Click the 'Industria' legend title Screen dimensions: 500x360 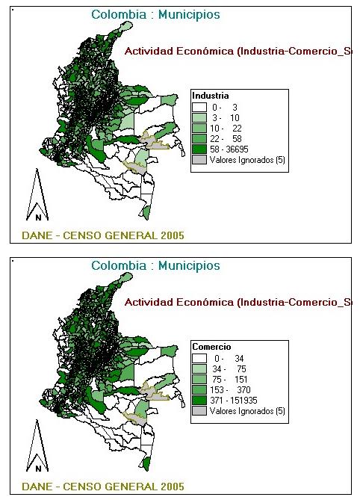point(205,96)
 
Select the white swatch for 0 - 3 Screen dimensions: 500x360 point(199,108)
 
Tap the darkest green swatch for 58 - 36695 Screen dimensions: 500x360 point(199,149)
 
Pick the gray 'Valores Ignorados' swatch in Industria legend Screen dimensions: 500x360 point(199,160)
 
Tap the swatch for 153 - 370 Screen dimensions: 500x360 point(199,390)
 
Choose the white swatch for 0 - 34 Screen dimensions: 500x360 point(199,359)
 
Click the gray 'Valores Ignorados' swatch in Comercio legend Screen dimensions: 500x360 point(199,411)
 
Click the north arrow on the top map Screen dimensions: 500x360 point(38,197)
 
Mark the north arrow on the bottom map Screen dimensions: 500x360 point(38,448)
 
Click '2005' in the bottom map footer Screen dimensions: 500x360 point(168,487)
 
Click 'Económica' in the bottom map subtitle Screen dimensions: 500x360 point(202,303)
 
